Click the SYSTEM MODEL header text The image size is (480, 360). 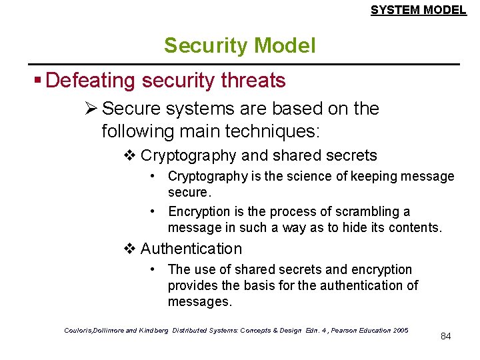point(418,9)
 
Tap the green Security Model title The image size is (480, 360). point(239,45)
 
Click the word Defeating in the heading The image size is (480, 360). point(91,81)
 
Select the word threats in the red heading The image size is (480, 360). point(253,81)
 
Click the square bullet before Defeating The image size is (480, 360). point(39,81)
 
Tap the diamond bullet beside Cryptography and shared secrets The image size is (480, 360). point(130,156)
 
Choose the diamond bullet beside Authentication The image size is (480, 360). point(130,249)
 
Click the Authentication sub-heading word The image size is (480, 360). point(191,249)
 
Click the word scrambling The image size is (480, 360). point(370,211)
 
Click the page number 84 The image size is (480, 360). point(446,336)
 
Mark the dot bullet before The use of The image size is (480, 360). point(153,269)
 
